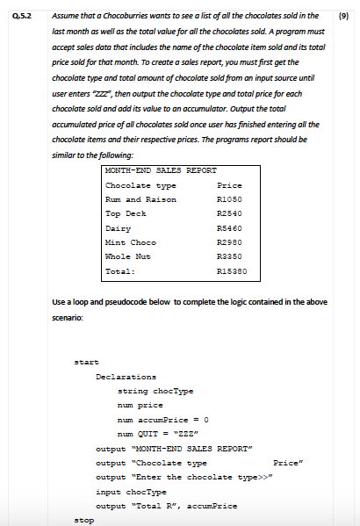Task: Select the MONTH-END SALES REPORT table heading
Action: coord(148,170)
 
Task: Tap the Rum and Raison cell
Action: coord(140,199)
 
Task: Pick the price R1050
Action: coord(228,199)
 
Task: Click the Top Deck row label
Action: coord(126,213)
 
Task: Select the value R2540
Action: coord(228,213)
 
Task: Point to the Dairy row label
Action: coord(118,227)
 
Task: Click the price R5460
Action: coord(228,227)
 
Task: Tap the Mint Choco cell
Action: coord(130,241)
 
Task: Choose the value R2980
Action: coord(228,241)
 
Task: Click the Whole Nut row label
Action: coord(128,256)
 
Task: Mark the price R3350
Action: coord(228,256)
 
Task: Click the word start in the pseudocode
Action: coord(86,361)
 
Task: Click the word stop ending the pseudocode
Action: coord(83,519)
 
